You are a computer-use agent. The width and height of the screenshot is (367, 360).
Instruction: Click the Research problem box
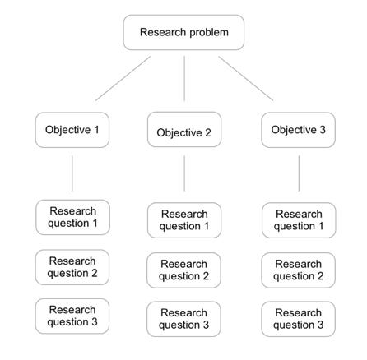coord(183,33)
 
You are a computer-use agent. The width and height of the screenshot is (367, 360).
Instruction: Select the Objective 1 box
coord(72,130)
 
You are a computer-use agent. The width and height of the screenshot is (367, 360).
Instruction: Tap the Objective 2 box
coord(184,132)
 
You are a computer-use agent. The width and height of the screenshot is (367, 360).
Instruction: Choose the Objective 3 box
coord(298,130)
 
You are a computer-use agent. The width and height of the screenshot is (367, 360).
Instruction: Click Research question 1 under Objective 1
coord(72,218)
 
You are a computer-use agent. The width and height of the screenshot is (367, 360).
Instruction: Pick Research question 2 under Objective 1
coord(72,267)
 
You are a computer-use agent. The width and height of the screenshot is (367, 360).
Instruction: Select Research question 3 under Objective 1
coord(72,316)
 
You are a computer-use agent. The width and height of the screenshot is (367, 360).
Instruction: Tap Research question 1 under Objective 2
coord(184,220)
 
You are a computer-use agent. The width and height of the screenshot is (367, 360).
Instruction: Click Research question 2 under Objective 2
coord(184,270)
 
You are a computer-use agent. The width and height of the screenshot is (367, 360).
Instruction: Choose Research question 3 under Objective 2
coord(184,319)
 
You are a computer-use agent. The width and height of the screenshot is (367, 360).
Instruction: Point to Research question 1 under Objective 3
coord(299,220)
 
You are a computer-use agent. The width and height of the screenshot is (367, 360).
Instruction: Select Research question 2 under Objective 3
coord(298,270)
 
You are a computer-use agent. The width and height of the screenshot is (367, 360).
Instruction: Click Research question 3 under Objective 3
coord(298,319)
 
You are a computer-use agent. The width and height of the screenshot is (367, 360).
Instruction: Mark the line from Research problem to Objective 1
coord(123,78)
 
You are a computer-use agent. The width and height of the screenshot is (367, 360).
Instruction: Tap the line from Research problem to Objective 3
coord(245,78)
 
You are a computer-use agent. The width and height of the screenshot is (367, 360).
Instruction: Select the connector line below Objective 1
coord(72,173)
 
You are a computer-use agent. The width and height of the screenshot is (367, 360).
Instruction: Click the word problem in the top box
coord(207,33)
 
